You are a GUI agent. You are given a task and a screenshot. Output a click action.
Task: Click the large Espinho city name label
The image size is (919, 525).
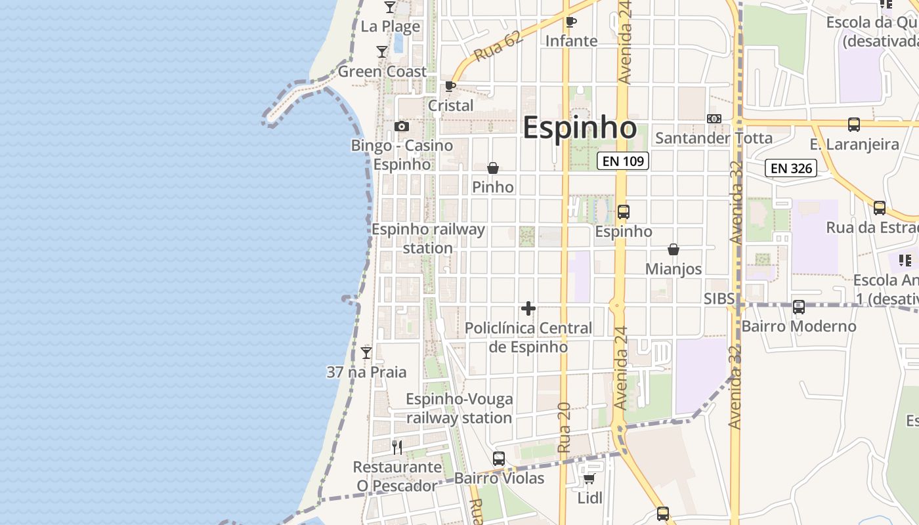580,128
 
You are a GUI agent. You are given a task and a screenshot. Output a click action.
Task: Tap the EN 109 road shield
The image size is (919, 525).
623,161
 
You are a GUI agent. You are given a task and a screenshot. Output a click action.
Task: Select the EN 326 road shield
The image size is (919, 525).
791,168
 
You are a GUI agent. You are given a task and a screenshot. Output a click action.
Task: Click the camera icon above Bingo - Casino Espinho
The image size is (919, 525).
402,126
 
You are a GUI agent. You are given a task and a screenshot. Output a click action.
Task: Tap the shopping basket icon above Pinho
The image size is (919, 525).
493,168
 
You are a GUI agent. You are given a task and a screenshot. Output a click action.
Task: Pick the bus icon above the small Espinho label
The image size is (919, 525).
624,212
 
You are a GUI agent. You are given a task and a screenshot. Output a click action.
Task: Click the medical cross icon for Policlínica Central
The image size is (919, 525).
528,308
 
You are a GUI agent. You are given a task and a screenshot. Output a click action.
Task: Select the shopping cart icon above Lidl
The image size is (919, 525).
589,479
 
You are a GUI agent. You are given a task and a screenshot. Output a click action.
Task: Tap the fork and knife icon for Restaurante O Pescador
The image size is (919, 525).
397,448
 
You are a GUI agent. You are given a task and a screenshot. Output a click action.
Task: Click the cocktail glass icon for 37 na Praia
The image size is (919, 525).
366,353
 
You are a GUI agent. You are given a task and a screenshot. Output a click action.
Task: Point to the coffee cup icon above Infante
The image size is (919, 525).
571,22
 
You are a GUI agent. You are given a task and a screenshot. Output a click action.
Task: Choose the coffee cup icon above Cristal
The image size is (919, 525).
450,86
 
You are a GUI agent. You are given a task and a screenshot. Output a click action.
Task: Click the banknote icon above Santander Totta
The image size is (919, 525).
714,119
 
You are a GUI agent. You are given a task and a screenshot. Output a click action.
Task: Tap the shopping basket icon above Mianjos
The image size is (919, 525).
673,249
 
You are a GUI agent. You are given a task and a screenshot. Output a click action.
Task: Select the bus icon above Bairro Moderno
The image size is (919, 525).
799,307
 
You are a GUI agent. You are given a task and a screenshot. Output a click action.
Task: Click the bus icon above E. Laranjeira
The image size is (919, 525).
854,125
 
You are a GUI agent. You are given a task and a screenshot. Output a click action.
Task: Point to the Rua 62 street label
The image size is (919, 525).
498,47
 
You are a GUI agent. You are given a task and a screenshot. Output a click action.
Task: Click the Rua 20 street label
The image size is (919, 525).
564,427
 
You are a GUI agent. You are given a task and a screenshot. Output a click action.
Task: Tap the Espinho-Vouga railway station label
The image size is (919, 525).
459,408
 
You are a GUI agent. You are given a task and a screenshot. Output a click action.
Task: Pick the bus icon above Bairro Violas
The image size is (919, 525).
499,459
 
